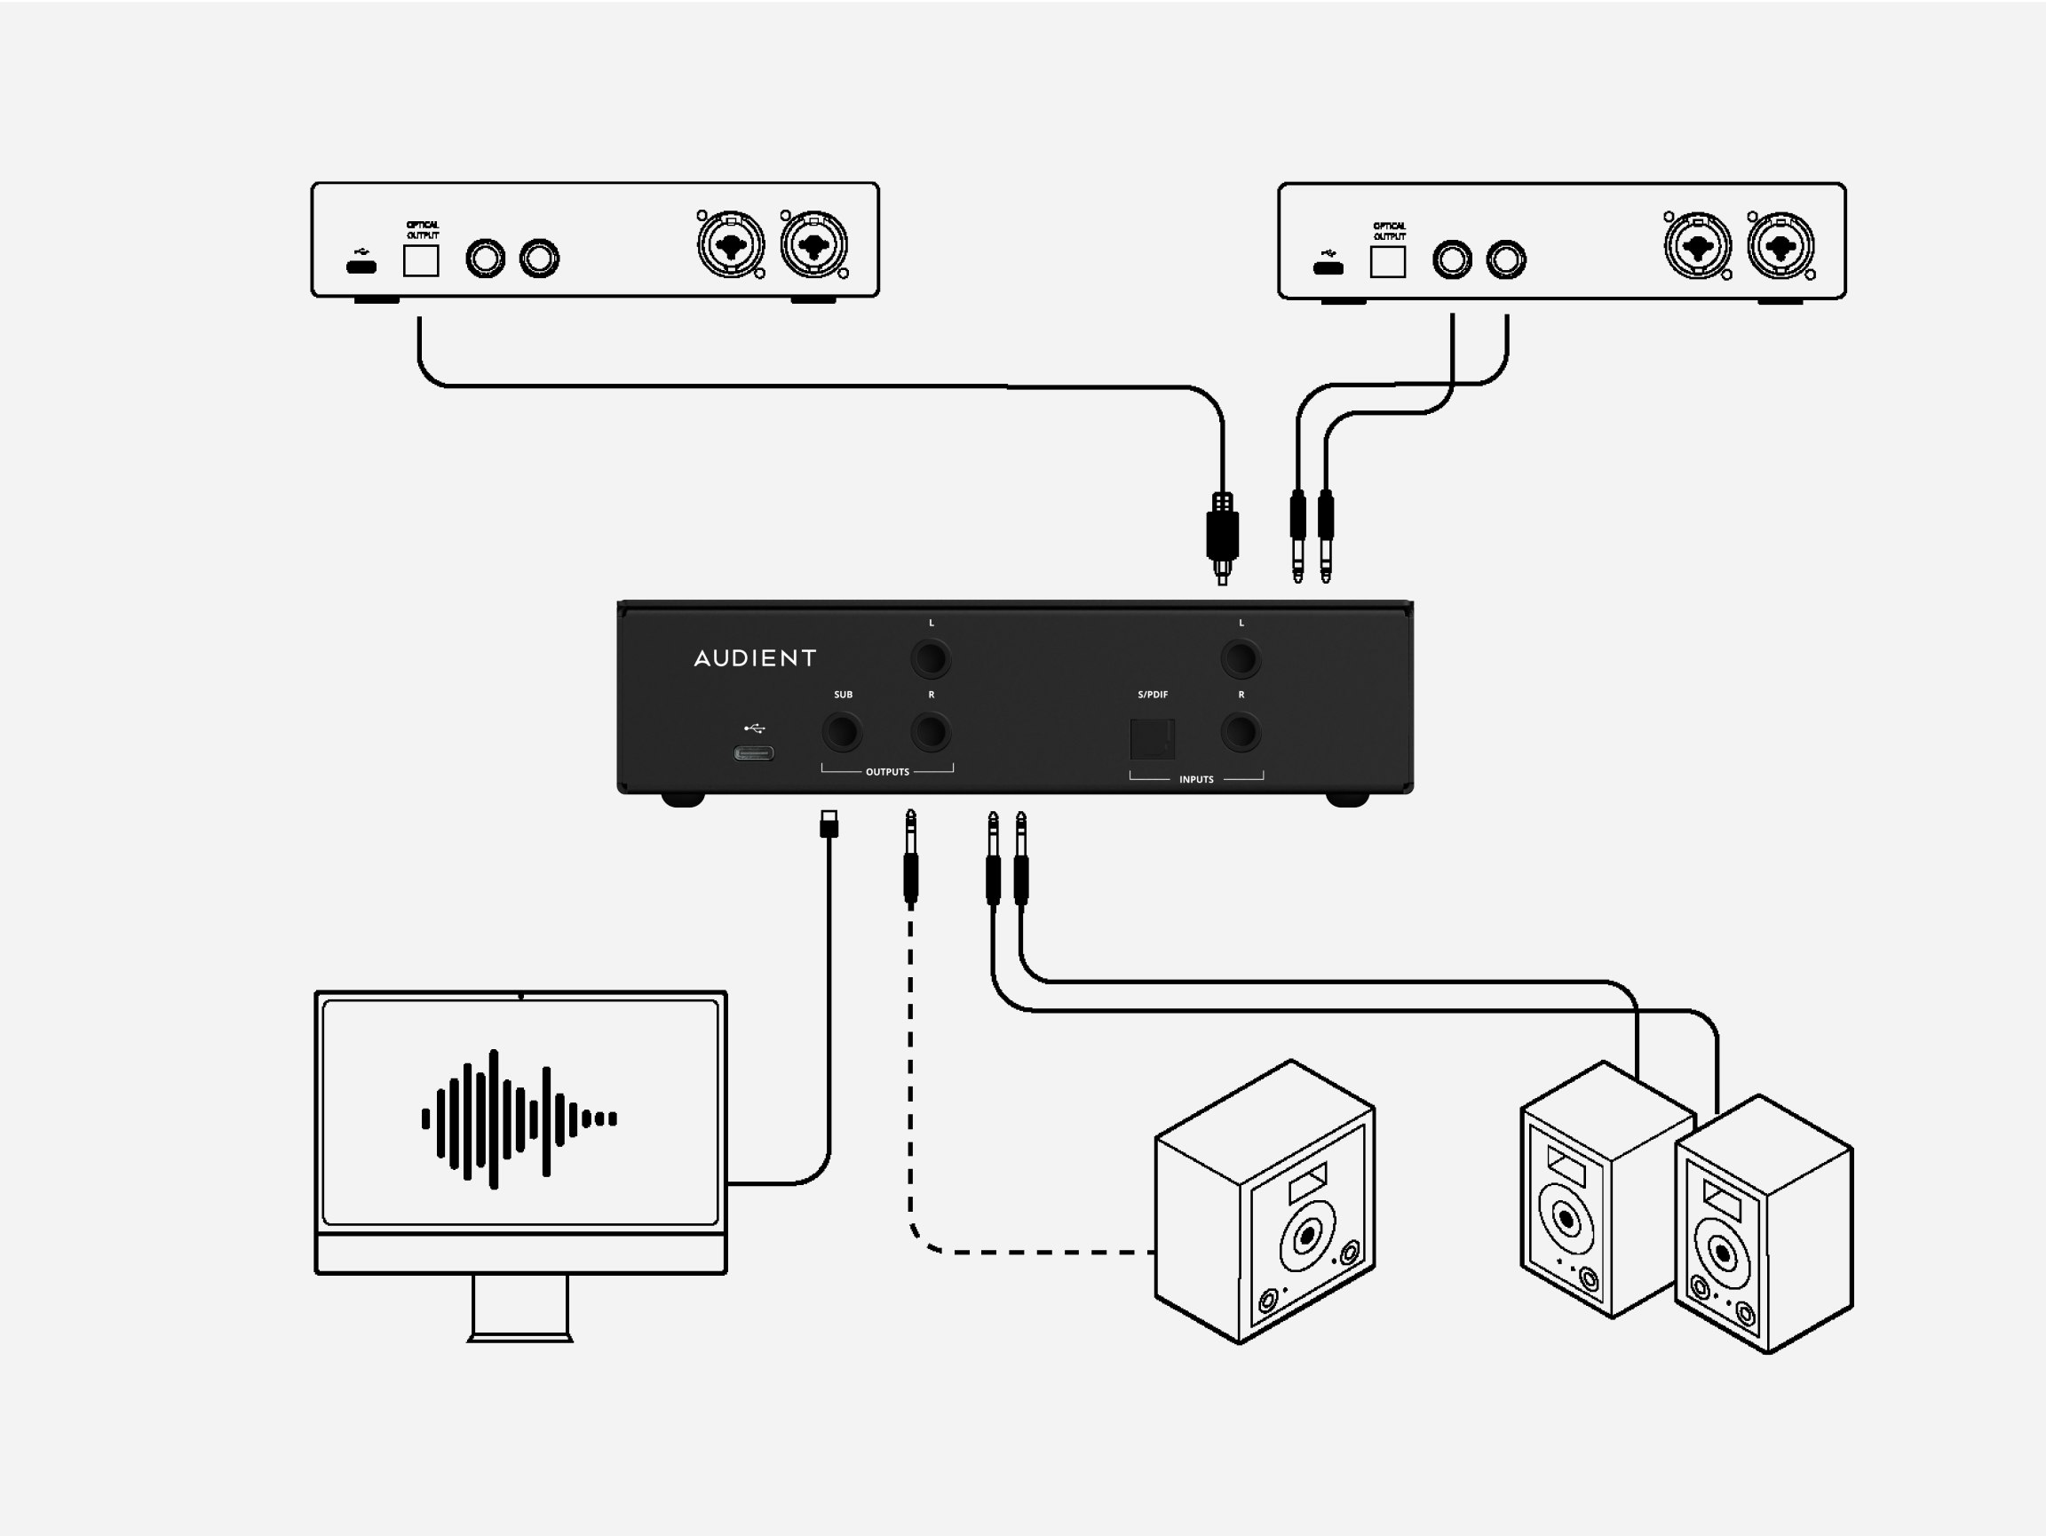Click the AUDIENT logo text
(755, 658)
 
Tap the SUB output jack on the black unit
(842, 732)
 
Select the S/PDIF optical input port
(1153, 738)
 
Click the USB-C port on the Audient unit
(754, 753)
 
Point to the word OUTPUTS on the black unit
(887, 772)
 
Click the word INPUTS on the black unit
(1196, 779)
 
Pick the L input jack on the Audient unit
(1241, 659)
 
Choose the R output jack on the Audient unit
(931, 732)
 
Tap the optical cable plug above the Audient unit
(1223, 537)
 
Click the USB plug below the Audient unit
(829, 824)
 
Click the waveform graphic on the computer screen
(519, 1118)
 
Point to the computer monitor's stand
(519, 1307)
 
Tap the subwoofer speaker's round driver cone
(1308, 1234)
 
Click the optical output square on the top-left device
(421, 261)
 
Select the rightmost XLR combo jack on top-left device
(814, 244)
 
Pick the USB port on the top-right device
(1328, 268)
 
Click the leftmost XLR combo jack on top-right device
(1697, 246)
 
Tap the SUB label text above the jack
(843, 694)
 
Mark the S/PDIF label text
(1153, 694)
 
